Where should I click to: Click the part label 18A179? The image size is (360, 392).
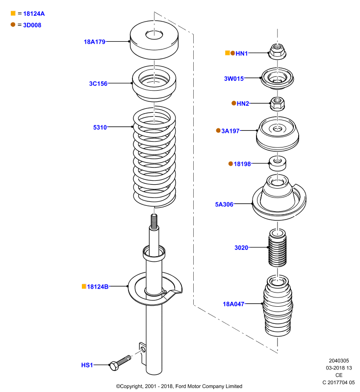(x=95, y=42)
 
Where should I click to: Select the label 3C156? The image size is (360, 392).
(x=98, y=84)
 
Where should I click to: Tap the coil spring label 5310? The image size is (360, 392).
(x=100, y=127)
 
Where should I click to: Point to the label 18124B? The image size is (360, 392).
(x=98, y=287)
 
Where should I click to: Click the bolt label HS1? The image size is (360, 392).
(x=87, y=365)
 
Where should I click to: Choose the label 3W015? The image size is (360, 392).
(x=234, y=78)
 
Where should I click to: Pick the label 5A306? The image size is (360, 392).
(x=224, y=204)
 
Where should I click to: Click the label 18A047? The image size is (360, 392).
(x=233, y=304)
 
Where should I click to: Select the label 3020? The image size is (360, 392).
(x=241, y=248)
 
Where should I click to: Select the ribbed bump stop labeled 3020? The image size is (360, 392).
(x=277, y=248)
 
